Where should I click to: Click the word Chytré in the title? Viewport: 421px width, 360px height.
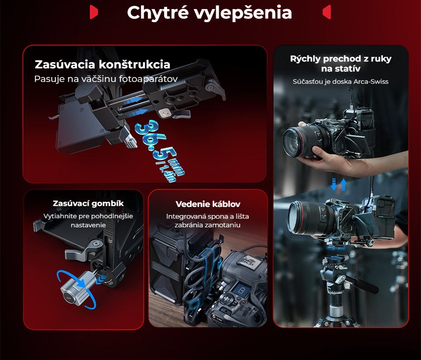pyautogui.click(x=158, y=13)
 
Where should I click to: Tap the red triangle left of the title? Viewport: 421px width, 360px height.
pyautogui.click(x=94, y=12)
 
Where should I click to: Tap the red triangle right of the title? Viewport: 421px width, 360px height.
pyautogui.click(x=327, y=12)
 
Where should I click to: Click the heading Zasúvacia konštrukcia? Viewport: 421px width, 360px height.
pyautogui.click(x=102, y=64)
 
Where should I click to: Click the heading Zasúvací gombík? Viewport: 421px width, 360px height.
pyautogui.click(x=88, y=203)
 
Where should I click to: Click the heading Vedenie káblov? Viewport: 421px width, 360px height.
pyautogui.click(x=208, y=204)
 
